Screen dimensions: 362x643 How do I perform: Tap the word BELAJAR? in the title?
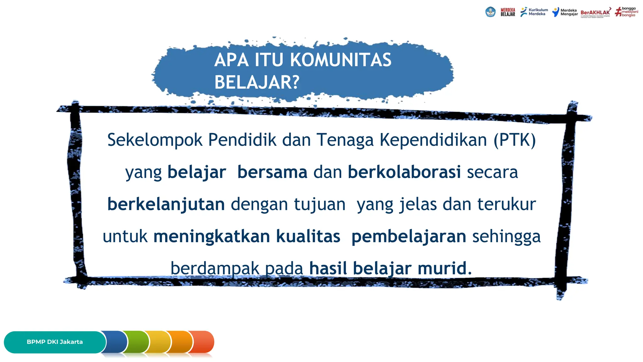pyautogui.click(x=257, y=82)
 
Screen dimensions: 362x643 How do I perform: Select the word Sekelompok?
pyautogui.click(x=155, y=140)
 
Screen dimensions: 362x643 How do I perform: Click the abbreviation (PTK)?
pyautogui.click(x=515, y=140)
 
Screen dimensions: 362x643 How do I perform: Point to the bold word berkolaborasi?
pyautogui.click(x=404, y=172)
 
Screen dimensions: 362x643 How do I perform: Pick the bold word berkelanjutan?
pyautogui.click(x=166, y=204)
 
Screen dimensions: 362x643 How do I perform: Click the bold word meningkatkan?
pyautogui.click(x=212, y=236)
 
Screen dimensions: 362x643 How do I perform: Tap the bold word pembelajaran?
pyautogui.click(x=409, y=237)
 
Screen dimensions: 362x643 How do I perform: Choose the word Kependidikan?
pyautogui.click(x=433, y=140)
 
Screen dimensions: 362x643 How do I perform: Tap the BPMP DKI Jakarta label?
pyautogui.click(x=55, y=342)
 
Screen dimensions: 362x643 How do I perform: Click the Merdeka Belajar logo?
pyautogui.click(x=508, y=12)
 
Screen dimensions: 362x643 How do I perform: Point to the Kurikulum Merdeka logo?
pyautogui.click(x=534, y=12)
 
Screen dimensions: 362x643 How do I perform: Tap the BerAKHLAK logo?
pyautogui.click(x=596, y=13)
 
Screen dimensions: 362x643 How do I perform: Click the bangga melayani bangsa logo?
pyautogui.click(x=627, y=12)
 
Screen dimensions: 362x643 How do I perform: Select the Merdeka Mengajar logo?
pyautogui.click(x=565, y=12)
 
